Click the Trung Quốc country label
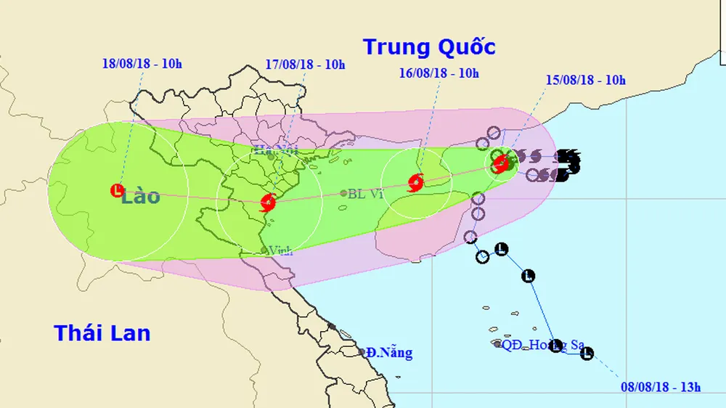tap(429, 47)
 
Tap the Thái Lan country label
tap(102, 333)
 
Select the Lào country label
tap(141, 195)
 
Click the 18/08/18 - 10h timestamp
tap(142, 64)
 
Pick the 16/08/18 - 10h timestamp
tap(439, 73)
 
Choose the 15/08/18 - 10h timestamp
tap(585, 80)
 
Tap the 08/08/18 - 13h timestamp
tap(661, 386)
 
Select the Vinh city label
tap(280, 250)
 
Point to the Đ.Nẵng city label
tap(389, 353)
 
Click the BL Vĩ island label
tap(365, 194)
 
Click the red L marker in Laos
tap(116, 191)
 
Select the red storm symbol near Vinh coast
tap(267, 202)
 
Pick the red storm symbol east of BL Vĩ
tap(415, 182)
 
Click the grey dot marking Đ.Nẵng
tap(362, 352)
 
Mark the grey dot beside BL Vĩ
tap(343, 193)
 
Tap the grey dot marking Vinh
tap(264, 250)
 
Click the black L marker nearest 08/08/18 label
tap(587, 354)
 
